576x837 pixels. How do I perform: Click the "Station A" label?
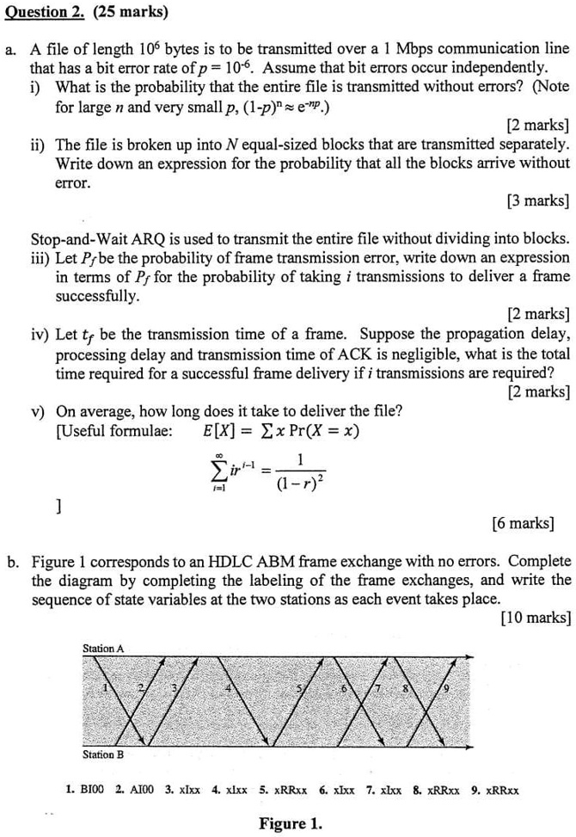pos(104,647)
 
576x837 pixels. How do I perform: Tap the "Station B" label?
pos(103,754)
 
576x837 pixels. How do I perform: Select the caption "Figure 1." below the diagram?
pos(291,823)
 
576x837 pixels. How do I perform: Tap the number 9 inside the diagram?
pos(444,691)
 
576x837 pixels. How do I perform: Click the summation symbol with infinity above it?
pos(219,471)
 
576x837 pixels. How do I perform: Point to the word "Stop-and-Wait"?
pos(73,215)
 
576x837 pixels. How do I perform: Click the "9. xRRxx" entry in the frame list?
pos(493,788)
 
